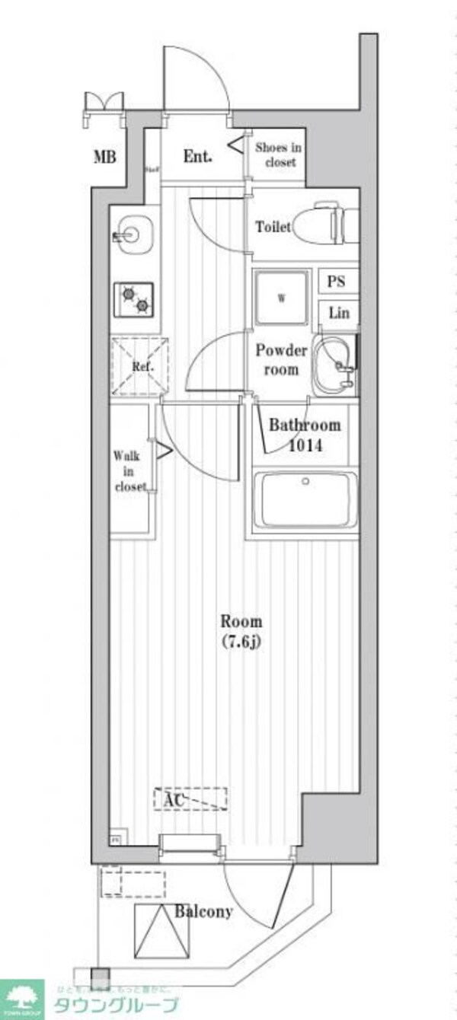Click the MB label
105,158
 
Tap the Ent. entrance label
198,157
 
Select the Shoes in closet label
278,155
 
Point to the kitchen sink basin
133,231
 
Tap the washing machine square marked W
281,298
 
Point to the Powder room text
281,360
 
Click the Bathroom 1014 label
304,435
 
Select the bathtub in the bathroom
305,500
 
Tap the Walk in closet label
130,472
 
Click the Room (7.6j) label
241,630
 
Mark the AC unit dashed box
190,798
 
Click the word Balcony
203,911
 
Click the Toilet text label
273,227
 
